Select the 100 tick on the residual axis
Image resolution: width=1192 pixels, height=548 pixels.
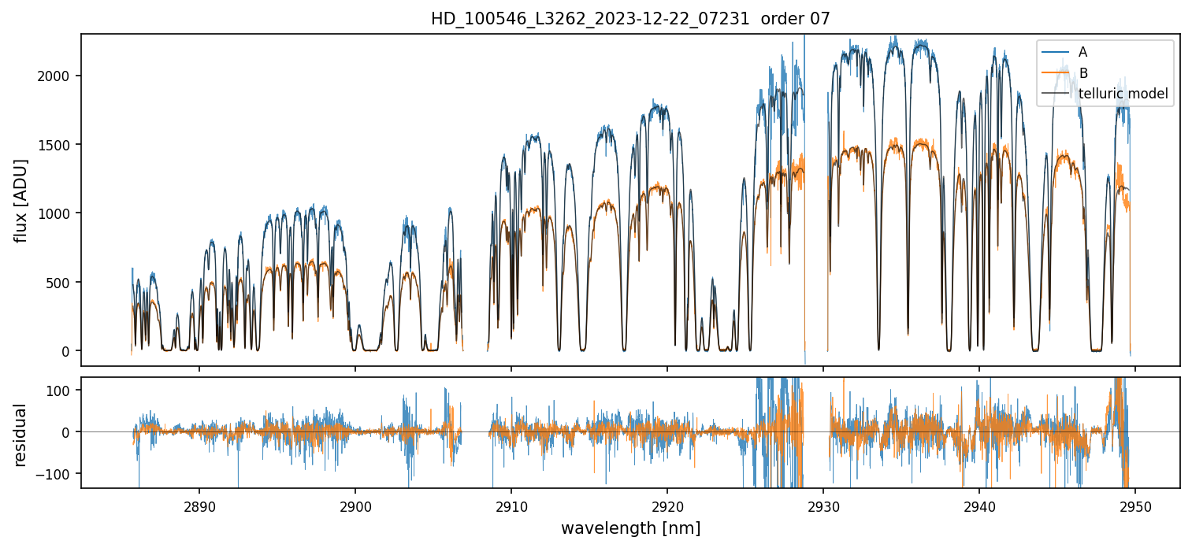[x=63, y=391]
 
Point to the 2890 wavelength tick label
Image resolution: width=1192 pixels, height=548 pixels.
[x=199, y=505]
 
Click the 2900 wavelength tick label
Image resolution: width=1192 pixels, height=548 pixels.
[x=355, y=505]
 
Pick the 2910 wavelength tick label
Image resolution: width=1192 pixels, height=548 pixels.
[x=511, y=505]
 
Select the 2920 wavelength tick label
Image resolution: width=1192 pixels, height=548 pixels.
[x=667, y=505]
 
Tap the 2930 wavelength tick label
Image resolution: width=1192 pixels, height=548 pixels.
[x=823, y=505]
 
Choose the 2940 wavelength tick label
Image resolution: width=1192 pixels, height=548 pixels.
[x=979, y=505]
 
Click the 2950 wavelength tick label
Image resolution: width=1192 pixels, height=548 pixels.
[x=1135, y=505]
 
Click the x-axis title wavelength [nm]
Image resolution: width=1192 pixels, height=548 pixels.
[x=630, y=528]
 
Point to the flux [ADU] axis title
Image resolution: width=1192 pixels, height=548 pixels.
[x=21, y=200]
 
